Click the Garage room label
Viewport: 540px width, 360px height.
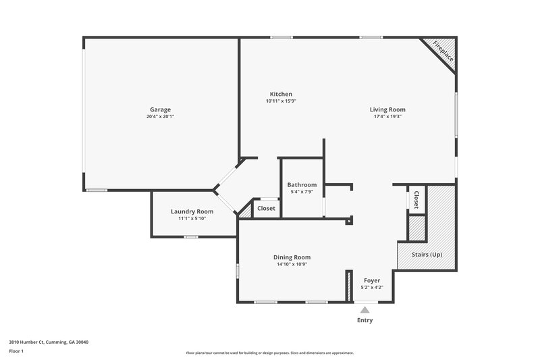coord(160,109)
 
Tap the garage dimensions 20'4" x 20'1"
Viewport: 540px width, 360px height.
coord(160,117)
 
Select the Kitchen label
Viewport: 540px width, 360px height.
coord(281,94)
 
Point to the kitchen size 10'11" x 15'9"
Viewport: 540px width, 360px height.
coord(281,101)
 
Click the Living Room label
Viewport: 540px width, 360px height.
coord(387,109)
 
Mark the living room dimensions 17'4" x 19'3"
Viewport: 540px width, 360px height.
coord(387,117)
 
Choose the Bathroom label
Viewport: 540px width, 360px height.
coord(302,184)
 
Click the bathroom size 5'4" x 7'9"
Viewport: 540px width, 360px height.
coord(302,192)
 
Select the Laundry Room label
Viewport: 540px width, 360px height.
coord(192,211)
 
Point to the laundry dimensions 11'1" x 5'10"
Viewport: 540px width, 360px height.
coord(192,219)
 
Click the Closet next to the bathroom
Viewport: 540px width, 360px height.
coord(266,209)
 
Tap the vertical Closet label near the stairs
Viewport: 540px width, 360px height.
coord(416,199)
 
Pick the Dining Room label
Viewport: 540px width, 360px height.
coord(292,257)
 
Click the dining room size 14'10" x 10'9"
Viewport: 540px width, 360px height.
coord(292,265)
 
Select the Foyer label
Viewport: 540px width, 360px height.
coord(372,280)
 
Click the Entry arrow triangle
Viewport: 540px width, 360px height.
coord(364,310)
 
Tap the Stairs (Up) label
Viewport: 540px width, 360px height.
coord(427,255)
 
